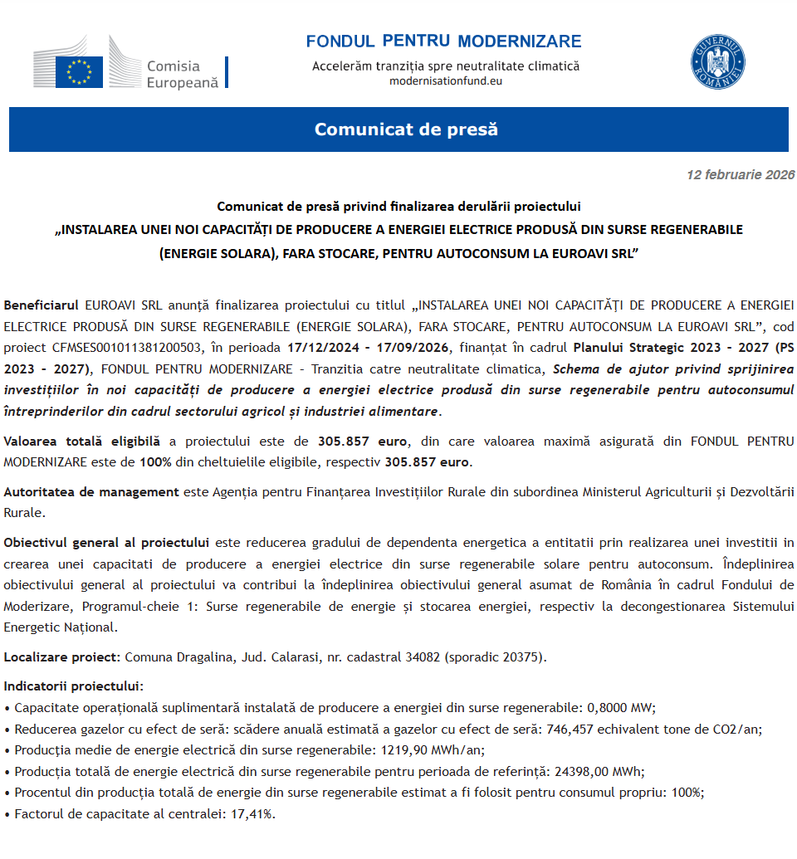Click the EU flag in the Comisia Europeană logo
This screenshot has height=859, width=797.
pos(79,71)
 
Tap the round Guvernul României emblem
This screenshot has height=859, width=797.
pos(717,62)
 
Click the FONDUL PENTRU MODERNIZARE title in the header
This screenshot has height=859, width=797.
pos(443,41)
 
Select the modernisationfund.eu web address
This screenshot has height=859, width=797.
pos(446,81)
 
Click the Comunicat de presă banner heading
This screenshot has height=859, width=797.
pos(406,129)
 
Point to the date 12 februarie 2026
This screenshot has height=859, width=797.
pos(741,175)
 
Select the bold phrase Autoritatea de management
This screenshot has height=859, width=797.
pos(91,491)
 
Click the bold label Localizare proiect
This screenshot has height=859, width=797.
pos(62,657)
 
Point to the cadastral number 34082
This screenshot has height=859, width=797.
pos(423,657)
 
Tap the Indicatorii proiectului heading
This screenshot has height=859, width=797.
pos(73,686)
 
